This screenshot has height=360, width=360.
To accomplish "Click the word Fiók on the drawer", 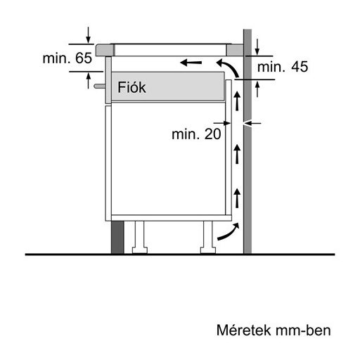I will point(131,88).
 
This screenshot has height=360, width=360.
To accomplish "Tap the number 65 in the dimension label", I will point(84,59).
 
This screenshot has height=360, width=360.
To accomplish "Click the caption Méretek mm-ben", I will point(273,329).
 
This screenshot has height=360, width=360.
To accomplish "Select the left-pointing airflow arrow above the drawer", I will point(190,63).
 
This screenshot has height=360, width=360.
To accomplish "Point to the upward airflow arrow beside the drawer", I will point(237,102).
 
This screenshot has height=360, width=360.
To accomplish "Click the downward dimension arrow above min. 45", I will point(259,46).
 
